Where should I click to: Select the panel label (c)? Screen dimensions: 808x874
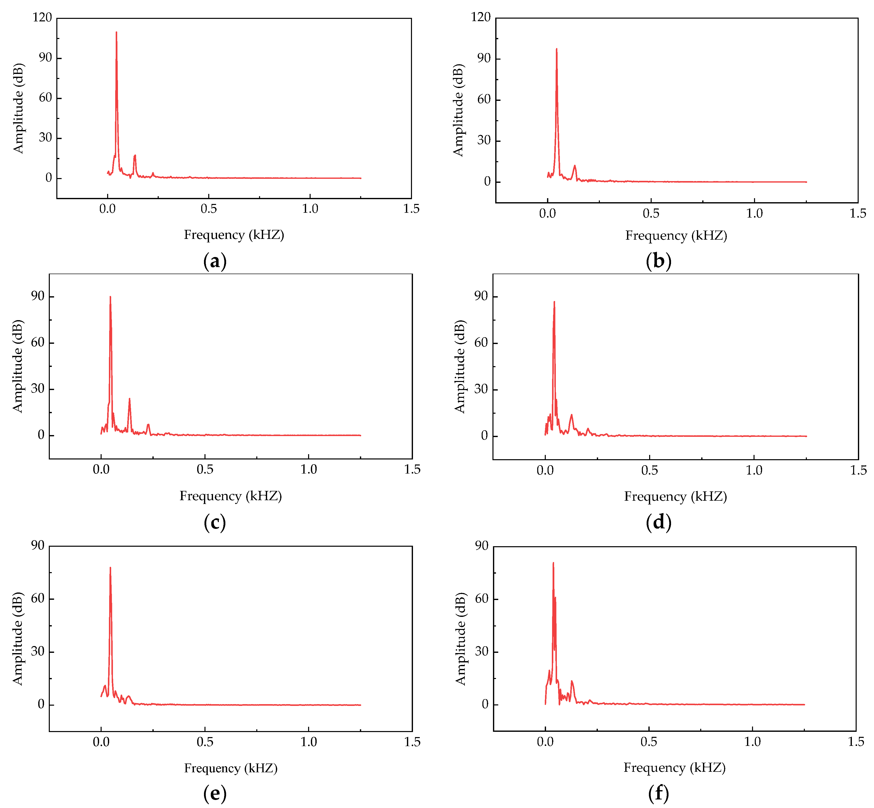tap(215, 523)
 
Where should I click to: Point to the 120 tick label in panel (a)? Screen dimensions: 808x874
tap(43, 18)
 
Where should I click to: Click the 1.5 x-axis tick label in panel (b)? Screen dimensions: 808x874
tap(857, 214)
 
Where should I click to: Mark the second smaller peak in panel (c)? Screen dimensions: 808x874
tap(130, 399)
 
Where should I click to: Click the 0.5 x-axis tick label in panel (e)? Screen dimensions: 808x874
tap(205, 742)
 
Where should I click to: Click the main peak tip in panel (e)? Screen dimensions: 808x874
tap(110, 568)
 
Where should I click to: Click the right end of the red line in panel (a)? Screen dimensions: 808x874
tap(361, 178)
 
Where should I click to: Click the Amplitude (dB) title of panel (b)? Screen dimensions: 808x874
tap(458, 110)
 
